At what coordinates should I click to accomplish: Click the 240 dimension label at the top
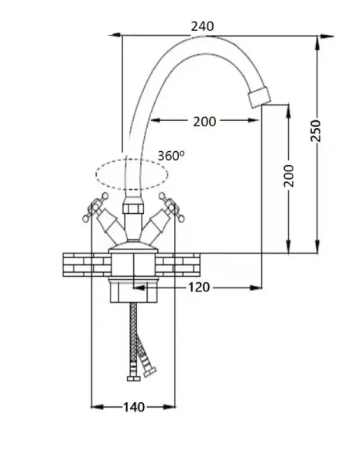[202, 26]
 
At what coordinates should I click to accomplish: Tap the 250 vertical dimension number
[316, 131]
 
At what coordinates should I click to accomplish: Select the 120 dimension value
[199, 287]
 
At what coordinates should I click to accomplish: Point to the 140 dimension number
[134, 407]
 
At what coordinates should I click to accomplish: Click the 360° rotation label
[171, 156]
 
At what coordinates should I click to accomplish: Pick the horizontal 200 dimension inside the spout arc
[204, 122]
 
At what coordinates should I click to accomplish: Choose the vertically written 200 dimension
[289, 176]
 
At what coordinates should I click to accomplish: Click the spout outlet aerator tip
[259, 96]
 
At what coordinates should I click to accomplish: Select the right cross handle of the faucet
[172, 207]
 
